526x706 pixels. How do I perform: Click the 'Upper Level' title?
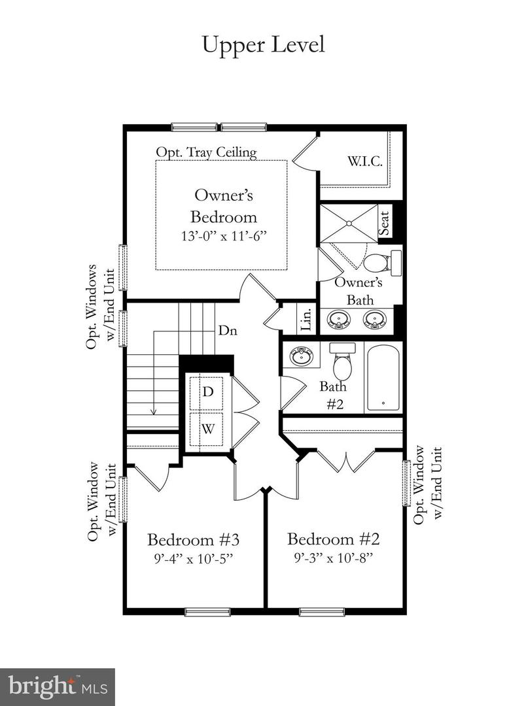(x=263, y=45)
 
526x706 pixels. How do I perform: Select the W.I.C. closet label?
(x=365, y=161)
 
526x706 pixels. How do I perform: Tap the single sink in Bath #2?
(x=302, y=356)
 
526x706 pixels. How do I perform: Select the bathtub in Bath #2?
(x=382, y=378)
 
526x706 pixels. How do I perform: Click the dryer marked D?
(x=207, y=392)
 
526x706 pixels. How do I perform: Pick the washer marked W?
(x=207, y=429)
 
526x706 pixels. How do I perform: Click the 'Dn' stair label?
(x=227, y=331)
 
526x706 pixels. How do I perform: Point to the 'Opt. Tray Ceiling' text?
(x=206, y=152)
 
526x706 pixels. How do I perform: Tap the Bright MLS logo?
(x=58, y=686)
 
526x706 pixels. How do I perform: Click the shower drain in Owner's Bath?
(x=349, y=224)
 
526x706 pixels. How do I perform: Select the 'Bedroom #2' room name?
(x=334, y=540)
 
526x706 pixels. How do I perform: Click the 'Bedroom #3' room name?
(x=194, y=541)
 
